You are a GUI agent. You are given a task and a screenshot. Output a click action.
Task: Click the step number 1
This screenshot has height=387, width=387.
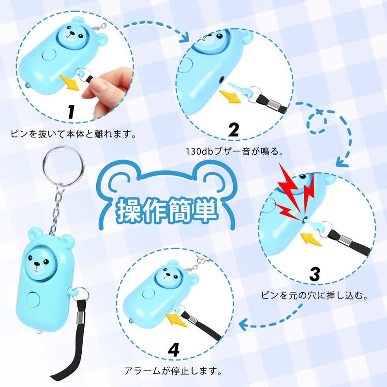pos(71,112)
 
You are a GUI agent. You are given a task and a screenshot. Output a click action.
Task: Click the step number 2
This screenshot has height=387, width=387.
pos(234,130)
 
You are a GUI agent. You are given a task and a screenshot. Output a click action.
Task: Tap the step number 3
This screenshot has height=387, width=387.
pos(315,274)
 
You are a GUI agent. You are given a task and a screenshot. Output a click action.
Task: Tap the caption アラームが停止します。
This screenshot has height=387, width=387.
pos(173,371)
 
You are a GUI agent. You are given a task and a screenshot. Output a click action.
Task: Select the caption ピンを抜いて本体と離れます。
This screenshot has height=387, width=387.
pos(74,134)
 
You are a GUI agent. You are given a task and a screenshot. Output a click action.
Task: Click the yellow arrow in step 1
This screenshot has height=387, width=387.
pos(69,83)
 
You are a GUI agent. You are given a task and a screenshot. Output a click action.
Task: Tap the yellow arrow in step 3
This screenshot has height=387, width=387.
pos(311,239)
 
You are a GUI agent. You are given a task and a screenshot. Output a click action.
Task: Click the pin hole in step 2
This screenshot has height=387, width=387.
pos(222,79)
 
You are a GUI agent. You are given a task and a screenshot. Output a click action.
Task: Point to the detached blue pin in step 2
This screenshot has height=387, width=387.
pos(238,89)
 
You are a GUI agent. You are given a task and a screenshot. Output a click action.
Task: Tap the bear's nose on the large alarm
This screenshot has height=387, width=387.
pos(37,264)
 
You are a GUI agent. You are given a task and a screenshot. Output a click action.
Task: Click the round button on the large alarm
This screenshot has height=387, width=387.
pos(33,299)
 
